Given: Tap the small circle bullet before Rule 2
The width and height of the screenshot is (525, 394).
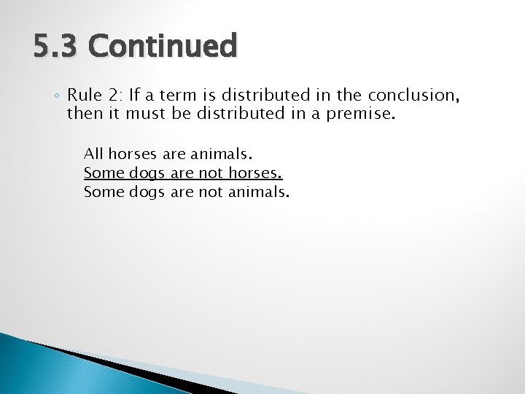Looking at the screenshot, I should (x=58, y=96).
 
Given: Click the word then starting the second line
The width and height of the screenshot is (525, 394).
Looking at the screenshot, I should (x=82, y=114).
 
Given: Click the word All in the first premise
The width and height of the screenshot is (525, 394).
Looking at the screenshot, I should (x=93, y=154).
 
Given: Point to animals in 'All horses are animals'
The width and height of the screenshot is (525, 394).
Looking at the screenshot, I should (x=221, y=154).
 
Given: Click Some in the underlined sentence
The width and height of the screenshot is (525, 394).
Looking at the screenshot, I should (x=104, y=174).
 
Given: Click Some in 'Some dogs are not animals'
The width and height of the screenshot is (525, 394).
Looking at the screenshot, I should (x=104, y=193).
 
